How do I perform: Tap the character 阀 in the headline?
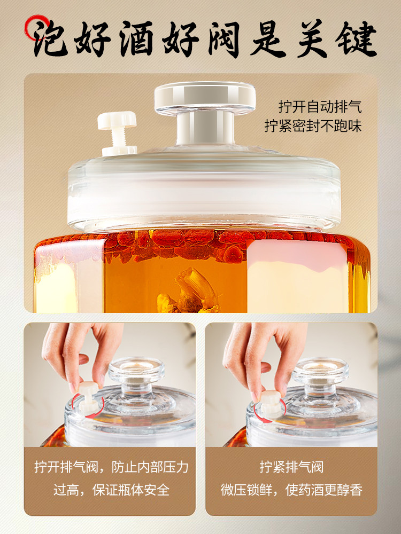(x=218, y=38)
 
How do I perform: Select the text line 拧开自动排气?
(x=320, y=106)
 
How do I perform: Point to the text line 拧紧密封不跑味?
(x=313, y=127)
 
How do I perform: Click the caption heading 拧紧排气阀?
(x=291, y=467)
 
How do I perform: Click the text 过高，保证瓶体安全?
(x=111, y=490)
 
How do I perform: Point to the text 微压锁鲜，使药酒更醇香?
(x=291, y=490)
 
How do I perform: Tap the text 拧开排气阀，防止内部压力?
(x=111, y=467)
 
